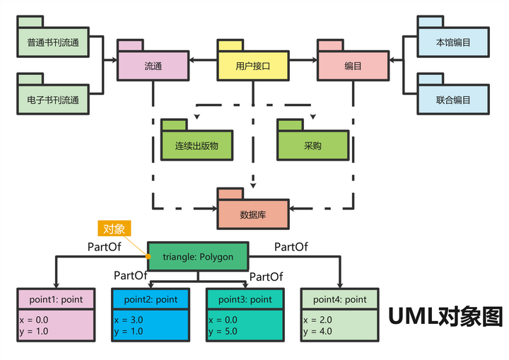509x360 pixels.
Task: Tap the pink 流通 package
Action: [x=153, y=66]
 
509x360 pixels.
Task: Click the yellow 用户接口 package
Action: [x=252, y=66]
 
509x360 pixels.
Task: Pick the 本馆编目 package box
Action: [x=453, y=43]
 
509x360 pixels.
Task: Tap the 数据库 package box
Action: [x=252, y=214]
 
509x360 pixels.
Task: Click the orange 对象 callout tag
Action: [x=114, y=228]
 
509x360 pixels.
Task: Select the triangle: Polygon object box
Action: [x=198, y=257]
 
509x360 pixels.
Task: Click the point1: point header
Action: [x=56, y=299]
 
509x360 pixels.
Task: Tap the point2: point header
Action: [x=150, y=299]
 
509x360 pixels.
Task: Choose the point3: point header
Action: [x=245, y=299]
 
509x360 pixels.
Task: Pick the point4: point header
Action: [x=339, y=299]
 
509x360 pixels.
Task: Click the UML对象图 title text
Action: [x=445, y=316]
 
